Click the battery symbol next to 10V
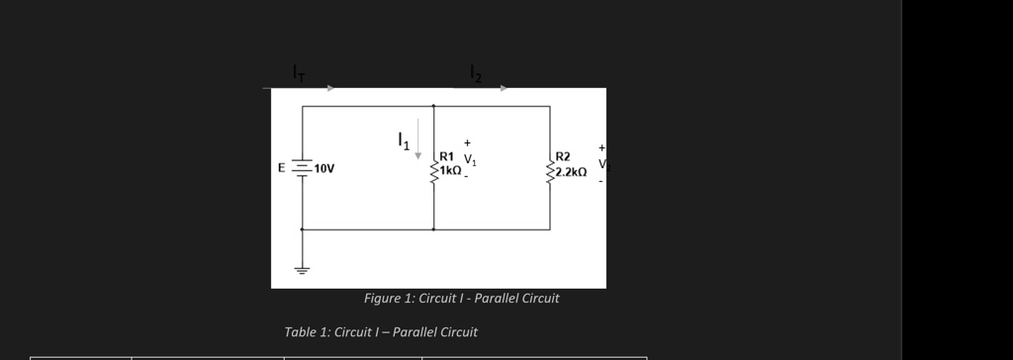(302, 168)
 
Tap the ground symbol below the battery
(302, 267)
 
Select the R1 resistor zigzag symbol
(433, 174)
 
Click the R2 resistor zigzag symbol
(549, 174)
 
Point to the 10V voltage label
(324, 169)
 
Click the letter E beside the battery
(282, 168)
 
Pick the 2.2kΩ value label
(571, 172)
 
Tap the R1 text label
(447, 156)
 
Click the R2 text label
(563, 156)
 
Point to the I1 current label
(403, 140)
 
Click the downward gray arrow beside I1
(418, 138)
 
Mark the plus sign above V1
(467, 143)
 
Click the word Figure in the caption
(382, 299)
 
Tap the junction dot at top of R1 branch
(433, 106)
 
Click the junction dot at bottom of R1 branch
(433, 229)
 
